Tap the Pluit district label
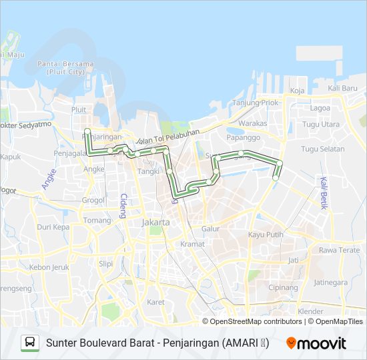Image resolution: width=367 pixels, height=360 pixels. pos(79,109)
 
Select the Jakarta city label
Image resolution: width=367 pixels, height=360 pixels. pos(155,222)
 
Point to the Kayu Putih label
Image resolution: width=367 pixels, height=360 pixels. pos(266,235)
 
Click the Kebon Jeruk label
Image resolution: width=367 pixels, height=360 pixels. pos(45,267)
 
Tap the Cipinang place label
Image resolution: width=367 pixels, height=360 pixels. pos(283,287)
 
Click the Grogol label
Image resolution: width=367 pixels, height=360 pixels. pos(93,199)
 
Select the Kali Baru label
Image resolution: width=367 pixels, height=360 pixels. pos(343,89)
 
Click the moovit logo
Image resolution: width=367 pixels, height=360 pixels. pos(316,343)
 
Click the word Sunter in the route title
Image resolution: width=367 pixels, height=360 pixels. pos(62,343)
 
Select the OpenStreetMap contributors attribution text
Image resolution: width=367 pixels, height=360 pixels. pos(256,321)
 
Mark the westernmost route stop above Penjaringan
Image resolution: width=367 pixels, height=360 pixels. pos(87,121)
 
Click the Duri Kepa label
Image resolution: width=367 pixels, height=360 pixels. pos(53,227)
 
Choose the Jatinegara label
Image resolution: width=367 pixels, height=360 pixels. pos(330,282)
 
